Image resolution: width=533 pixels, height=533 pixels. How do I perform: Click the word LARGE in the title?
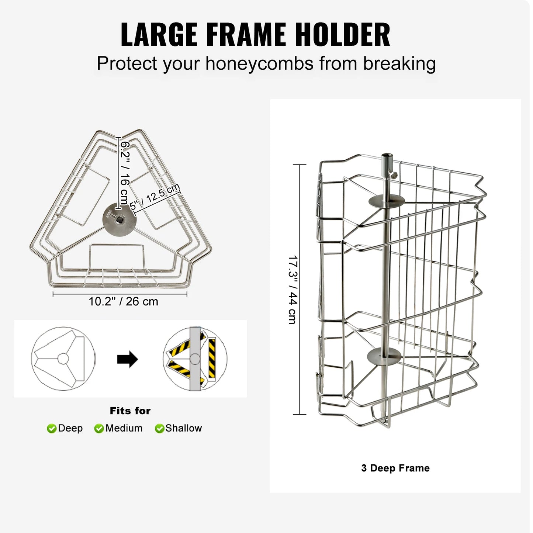point(159,34)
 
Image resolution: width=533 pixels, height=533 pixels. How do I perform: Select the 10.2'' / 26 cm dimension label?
point(123,302)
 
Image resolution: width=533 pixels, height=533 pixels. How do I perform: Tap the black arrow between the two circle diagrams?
point(127,359)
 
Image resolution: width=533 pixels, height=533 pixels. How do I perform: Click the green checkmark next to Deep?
point(52,429)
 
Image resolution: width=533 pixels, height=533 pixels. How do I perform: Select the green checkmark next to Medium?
point(99,429)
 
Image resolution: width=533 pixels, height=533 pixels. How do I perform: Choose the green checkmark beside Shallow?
point(159,429)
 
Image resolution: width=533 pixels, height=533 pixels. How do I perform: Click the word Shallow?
point(184,428)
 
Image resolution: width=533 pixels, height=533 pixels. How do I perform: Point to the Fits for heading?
point(130,411)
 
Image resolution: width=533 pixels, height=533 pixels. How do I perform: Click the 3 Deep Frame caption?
point(395,468)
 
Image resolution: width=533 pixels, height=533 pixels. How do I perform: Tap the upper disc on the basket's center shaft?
point(386,201)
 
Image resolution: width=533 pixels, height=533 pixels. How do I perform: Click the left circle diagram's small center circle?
point(63,359)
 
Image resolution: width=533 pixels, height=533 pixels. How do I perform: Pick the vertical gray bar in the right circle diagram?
point(195,359)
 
